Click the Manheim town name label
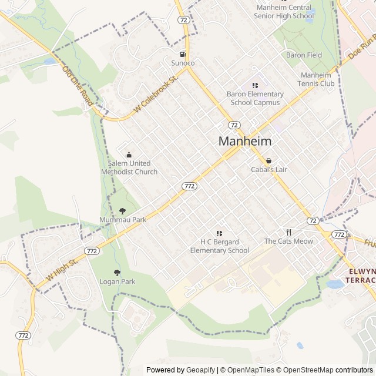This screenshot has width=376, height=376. click(245, 141)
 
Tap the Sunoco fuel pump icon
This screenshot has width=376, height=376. click(183, 54)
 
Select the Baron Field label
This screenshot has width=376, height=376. click(304, 55)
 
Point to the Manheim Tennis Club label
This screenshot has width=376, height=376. click(317, 79)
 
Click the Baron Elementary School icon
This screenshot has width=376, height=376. click(255, 85)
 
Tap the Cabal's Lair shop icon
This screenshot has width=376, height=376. click(269, 160)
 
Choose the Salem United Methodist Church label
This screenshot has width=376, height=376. click(133, 167)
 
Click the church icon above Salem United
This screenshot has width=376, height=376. click(129, 155)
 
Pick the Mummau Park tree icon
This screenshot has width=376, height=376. click(122, 210)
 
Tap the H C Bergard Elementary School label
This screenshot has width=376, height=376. click(220, 246)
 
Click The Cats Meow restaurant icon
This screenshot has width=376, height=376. click(288, 232)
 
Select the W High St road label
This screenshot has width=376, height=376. click(61, 270)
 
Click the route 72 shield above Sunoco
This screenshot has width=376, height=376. click(184, 19)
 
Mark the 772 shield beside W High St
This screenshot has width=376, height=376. click(92, 250)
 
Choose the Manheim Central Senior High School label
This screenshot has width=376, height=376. click(284, 12)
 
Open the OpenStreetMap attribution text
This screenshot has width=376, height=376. click(305, 370)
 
